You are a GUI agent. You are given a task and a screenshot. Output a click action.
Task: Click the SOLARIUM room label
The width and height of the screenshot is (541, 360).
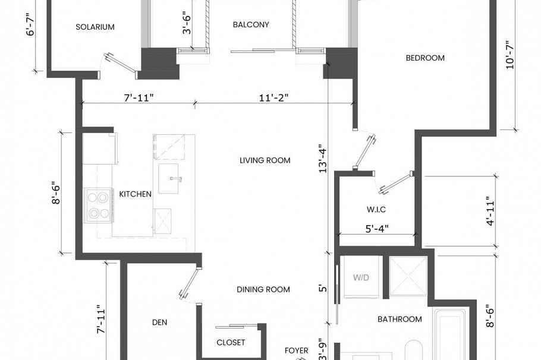[x=95, y=27]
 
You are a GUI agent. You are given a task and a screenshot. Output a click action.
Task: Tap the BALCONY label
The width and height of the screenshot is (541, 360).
[x=251, y=25]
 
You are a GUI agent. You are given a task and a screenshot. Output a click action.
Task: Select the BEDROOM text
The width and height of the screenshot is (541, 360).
[x=425, y=58]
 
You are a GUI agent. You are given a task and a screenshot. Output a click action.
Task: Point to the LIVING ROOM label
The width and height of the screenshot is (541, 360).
[x=265, y=160]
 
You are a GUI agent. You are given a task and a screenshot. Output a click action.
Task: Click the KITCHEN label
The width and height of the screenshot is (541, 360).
[x=136, y=194]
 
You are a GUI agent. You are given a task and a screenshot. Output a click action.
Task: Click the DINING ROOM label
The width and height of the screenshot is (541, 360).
[x=263, y=290]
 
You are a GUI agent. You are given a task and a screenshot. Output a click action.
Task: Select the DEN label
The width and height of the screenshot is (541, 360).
[x=159, y=323]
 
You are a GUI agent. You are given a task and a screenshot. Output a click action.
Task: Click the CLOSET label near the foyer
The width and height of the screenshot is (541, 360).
[x=231, y=343]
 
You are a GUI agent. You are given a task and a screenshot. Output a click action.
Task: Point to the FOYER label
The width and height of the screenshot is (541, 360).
[x=296, y=350]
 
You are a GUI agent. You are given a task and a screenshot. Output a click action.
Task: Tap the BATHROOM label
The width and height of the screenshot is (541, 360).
[x=400, y=319]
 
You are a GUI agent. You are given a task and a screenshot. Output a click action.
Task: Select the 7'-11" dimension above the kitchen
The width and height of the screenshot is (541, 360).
[x=139, y=97]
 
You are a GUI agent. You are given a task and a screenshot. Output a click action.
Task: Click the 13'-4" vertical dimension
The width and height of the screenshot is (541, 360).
[x=322, y=159]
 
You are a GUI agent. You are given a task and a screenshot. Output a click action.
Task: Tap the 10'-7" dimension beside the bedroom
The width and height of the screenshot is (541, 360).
[x=509, y=55]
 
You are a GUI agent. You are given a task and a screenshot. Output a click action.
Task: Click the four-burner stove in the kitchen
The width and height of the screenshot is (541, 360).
[x=98, y=204]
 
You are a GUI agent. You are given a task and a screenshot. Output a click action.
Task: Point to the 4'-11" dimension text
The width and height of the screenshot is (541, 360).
[x=489, y=211]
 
